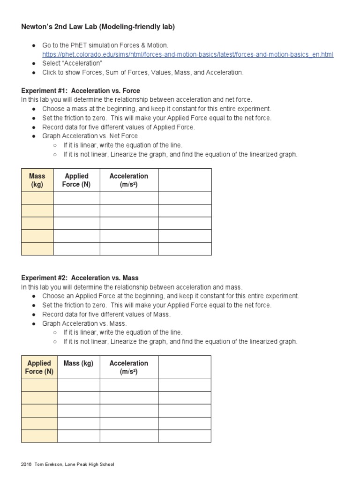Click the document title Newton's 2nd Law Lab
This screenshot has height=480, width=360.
pos(98,27)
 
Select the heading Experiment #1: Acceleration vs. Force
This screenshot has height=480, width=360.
pos(81,90)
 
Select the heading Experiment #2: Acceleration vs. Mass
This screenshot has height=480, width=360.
pos(80,277)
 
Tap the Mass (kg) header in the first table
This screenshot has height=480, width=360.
pos(37,180)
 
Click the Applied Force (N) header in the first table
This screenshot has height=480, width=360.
pos(76,180)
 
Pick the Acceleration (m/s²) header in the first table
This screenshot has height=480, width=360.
pos(128,180)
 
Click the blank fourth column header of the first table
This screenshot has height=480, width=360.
pos(185,180)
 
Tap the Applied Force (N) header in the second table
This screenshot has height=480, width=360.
pos(39,367)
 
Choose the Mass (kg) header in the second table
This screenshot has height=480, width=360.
pos(78,363)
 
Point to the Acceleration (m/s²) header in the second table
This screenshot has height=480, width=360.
pos(128,367)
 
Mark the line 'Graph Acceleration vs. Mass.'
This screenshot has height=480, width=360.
pos(84,323)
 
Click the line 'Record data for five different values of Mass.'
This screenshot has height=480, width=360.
pos(106,314)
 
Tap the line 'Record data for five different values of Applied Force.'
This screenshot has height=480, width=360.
pos(119,127)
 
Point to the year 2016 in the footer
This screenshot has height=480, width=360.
pos(26,465)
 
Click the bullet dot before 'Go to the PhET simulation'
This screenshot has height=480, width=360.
pos(34,45)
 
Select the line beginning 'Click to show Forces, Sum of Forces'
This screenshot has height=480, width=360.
pos(143,72)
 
